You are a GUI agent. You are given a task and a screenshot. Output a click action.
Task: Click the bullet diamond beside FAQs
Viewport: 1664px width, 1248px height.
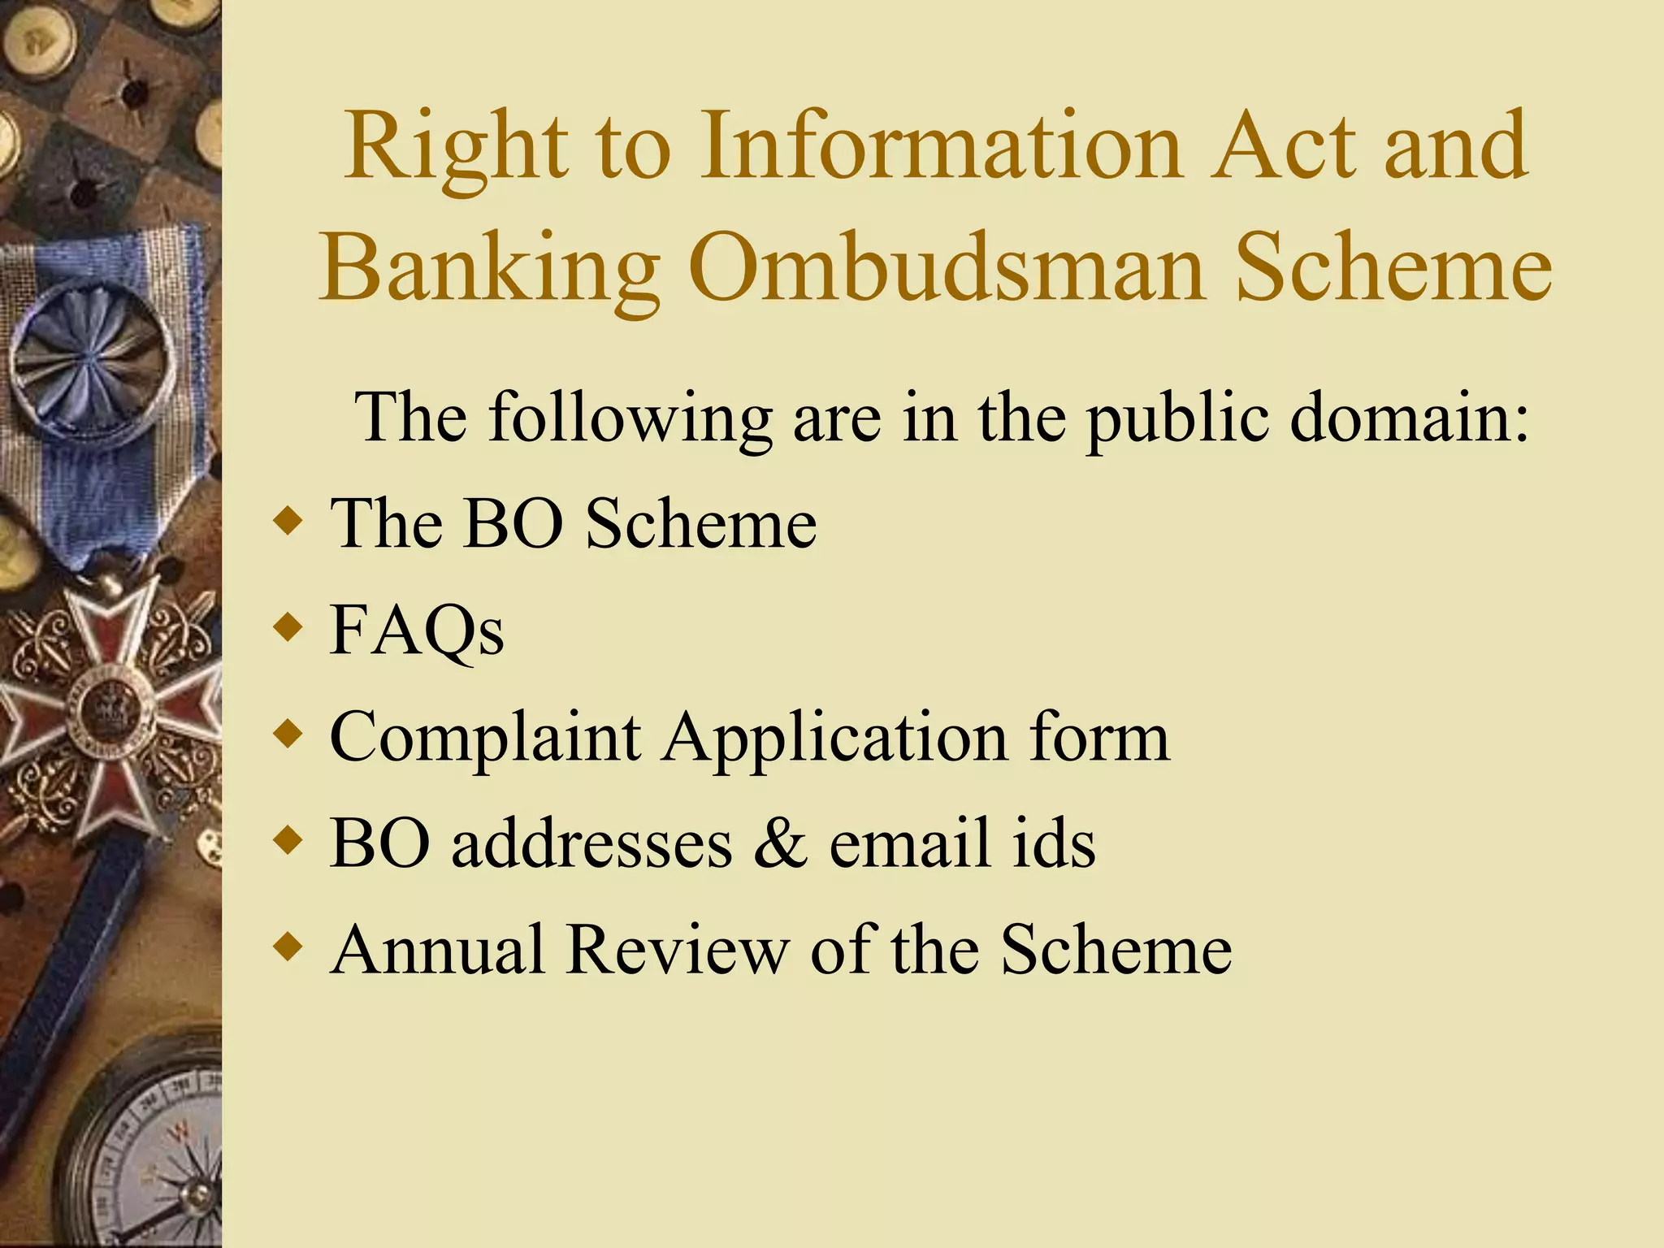point(288,627)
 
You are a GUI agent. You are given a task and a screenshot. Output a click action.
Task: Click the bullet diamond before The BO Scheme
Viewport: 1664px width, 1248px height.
point(288,521)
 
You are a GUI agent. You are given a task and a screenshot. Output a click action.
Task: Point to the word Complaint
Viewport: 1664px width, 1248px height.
point(485,738)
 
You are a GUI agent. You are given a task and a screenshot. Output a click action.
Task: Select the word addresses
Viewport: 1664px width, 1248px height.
point(591,843)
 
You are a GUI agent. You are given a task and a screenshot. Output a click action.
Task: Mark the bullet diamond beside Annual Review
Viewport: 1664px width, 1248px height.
point(288,947)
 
